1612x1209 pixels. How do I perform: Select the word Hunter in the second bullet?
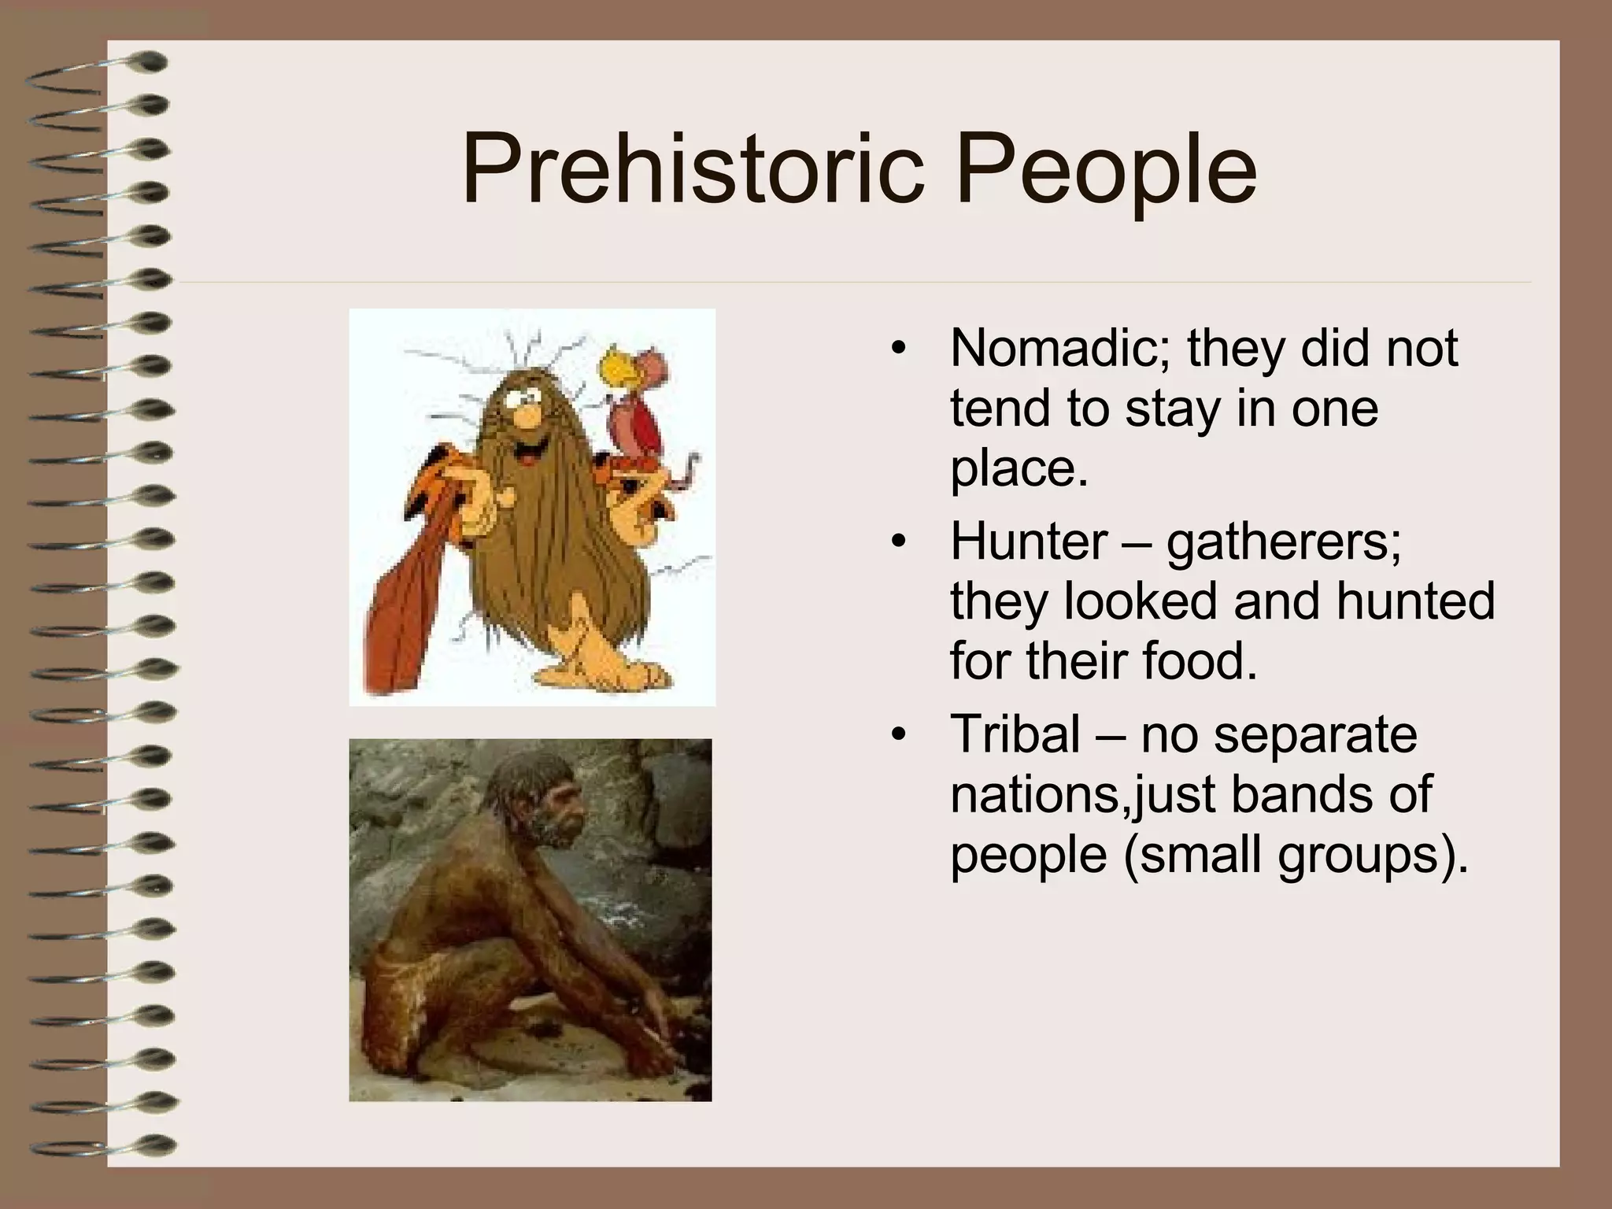[x=1028, y=541]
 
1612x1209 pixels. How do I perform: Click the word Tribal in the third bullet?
[x=1015, y=734]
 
